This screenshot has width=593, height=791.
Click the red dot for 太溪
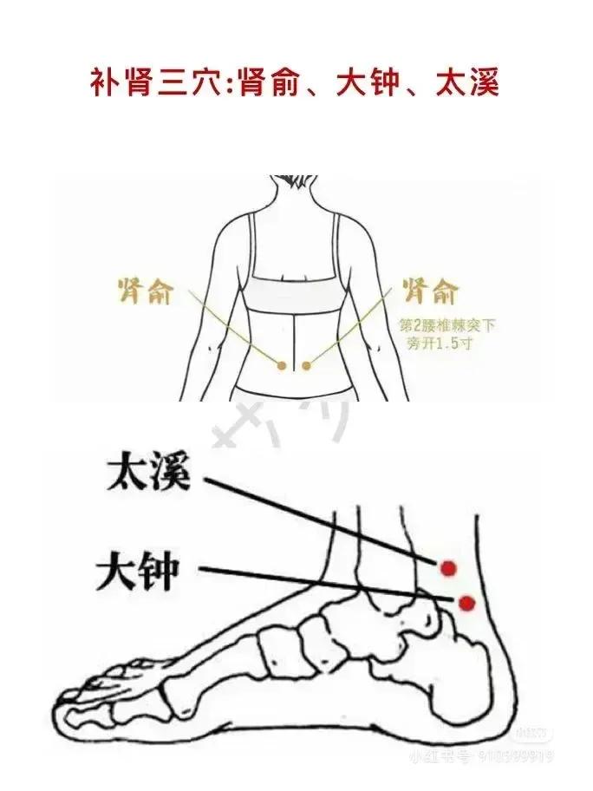448,568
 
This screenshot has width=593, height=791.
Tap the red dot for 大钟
468,602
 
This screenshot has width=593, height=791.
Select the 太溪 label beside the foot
145,474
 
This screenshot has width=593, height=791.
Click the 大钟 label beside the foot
136,572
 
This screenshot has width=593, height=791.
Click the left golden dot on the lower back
281,367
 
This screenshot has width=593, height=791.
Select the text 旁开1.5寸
434,343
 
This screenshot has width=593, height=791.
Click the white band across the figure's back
296,291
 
